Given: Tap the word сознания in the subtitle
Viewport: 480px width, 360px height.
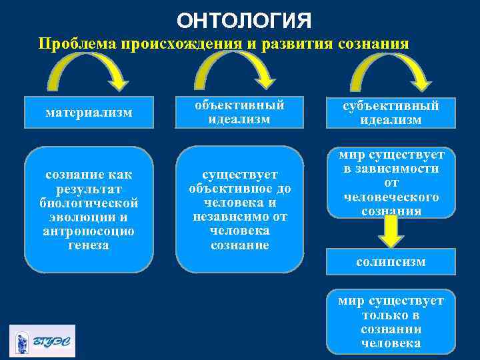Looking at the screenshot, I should point(373,44).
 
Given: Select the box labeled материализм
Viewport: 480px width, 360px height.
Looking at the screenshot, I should point(89,113).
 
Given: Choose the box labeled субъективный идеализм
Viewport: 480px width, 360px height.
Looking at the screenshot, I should point(391,113).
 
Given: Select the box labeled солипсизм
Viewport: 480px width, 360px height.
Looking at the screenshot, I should point(391,262).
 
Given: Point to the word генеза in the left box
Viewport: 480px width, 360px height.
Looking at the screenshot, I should point(89,245).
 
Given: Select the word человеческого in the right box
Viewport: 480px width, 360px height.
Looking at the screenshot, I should point(391,197).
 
